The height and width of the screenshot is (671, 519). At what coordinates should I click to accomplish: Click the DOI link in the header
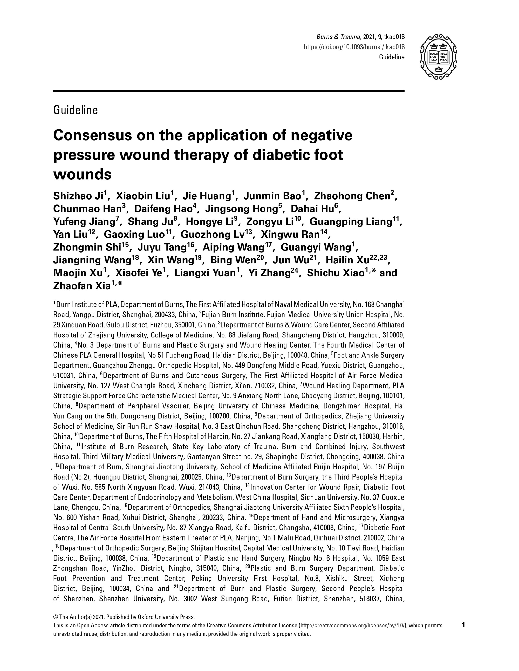point(354,47)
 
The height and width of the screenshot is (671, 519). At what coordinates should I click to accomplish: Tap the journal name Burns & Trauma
point(339,37)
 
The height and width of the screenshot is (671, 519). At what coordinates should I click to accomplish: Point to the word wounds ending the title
point(82,175)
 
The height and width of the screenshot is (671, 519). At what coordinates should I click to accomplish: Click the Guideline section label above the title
point(76,110)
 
